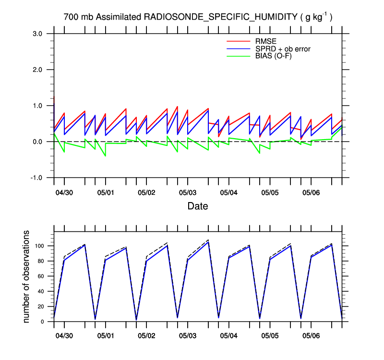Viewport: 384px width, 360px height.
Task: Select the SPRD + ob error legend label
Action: [x=283, y=48]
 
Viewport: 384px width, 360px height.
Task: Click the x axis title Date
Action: [x=198, y=206]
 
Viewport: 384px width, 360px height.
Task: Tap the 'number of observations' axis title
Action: [x=27, y=276]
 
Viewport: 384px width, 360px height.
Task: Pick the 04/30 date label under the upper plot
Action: [x=64, y=192]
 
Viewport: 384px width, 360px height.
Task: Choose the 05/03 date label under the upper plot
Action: [x=188, y=192]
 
